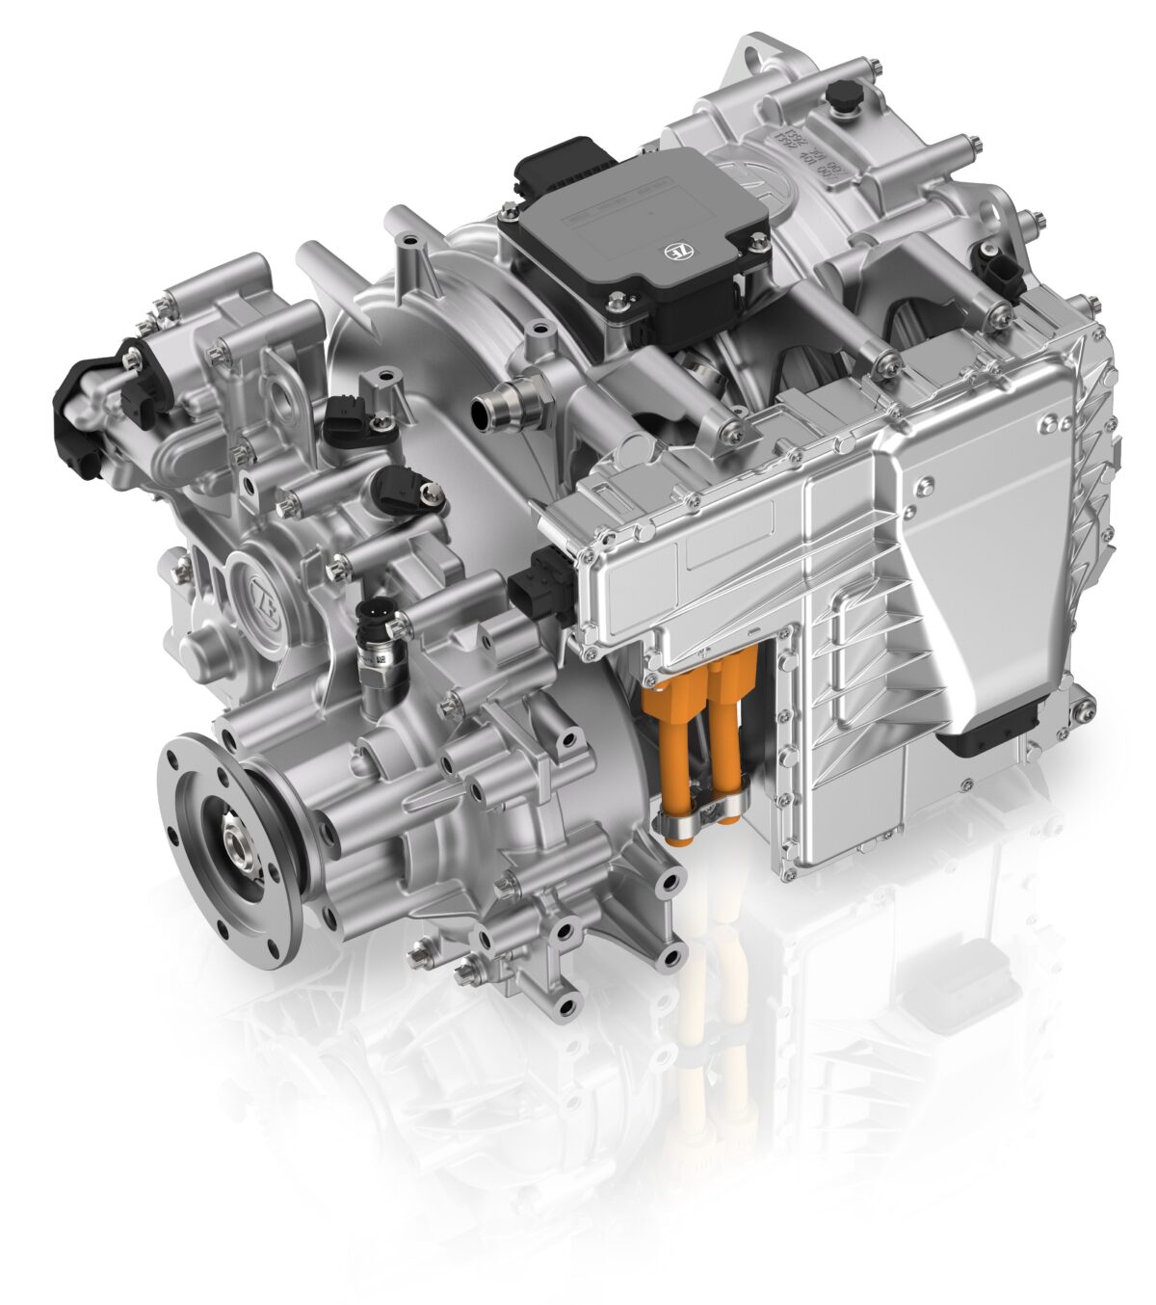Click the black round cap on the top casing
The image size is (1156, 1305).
pyautogui.click(x=847, y=93)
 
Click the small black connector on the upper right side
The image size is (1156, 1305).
pyautogui.click(x=992, y=262)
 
